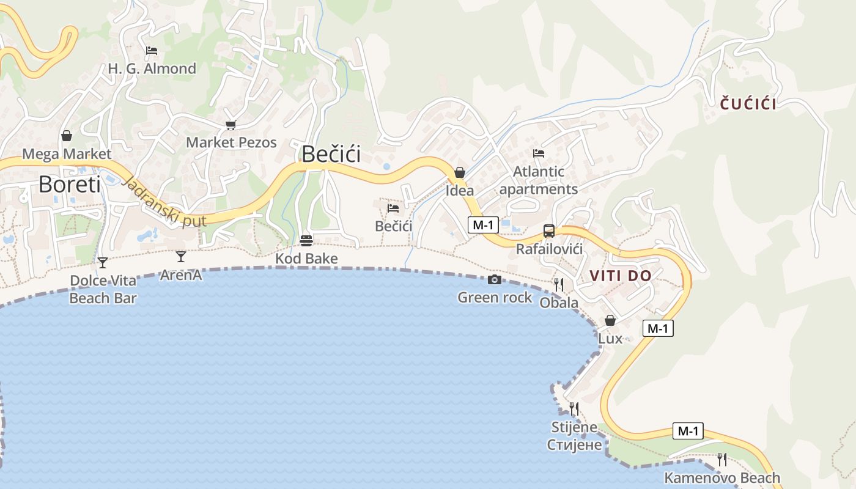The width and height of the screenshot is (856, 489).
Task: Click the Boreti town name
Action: tap(69, 183)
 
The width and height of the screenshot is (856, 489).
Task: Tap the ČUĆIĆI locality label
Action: tap(748, 104)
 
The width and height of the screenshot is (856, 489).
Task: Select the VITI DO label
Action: tap(621, 276)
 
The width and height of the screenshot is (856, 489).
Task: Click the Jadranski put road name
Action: tap(165, 202)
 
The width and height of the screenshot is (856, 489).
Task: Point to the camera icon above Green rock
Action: tap(495, 280)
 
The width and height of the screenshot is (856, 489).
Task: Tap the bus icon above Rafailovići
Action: tap(549, 231)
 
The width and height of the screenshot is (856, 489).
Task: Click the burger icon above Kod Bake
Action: tap(306, 241)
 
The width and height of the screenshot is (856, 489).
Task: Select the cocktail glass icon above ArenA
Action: tap(181, 256)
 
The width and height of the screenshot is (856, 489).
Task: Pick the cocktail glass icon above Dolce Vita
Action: tap(103, 263)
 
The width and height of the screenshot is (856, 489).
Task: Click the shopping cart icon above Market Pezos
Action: tap(231, 125)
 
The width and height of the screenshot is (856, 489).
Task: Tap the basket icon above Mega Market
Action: tap(67, 136)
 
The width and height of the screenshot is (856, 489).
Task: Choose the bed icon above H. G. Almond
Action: tap(152, 51)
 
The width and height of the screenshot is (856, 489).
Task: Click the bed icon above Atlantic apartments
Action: tap(538, 153)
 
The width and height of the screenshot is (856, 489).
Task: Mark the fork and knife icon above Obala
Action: tap(559, 284)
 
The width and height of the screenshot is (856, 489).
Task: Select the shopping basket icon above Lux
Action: tap(610, 320)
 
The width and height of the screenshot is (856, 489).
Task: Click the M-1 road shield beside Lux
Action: tap(658, 328)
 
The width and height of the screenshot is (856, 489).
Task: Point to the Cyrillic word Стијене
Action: tap(575, 444)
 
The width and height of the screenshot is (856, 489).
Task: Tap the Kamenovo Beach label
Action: tap(722, 478)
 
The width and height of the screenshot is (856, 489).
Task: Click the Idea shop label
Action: tap(460, 190)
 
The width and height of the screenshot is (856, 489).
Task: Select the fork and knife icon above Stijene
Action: tap(574, 408)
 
